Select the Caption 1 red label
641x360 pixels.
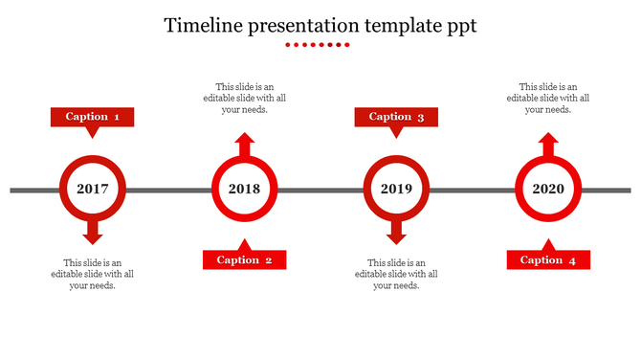(x=92, y=117)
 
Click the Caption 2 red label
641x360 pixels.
(x=244, y=259)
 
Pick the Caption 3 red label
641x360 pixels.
(x=396, y=117)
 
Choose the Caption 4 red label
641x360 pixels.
(x=548, y=259)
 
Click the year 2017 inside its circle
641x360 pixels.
(x=92, y=190)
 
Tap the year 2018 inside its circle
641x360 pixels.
(x=244, y=190)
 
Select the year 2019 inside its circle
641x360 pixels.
(x=396, y=190)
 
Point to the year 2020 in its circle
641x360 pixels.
(x=548, y=190)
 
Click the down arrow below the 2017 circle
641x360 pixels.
(x=92, y=232)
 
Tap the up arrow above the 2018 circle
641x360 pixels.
(x=244, y=146)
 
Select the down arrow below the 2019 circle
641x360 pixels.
(x=396, y=232)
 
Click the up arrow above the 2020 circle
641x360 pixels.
(x=548, y=146)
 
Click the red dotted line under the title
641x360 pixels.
(x=320, y=45)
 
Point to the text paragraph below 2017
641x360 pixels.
(x=92, y=274)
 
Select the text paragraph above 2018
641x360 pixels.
(x=244, y=98)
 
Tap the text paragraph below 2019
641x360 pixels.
(x=396, y=274)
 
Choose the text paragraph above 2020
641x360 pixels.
(x=548, y=98)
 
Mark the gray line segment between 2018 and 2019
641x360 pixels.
(x=320, y=191)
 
